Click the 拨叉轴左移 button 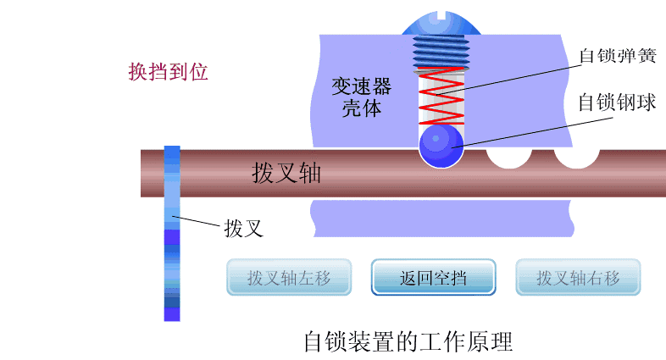point(289,277)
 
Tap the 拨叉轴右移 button point(578,277)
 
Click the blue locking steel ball point(441,146)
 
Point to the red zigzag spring point(441,96)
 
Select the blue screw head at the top point(441,24)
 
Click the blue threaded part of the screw point(441,52)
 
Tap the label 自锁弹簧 point(618,56)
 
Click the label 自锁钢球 point(617,102)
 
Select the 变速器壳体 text point(362,97)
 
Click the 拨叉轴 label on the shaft point(286,173)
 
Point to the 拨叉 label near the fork point(244,229)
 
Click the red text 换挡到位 point(169,72)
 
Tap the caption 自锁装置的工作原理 point(408,341)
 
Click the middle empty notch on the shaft point(509,157)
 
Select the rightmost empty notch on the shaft point(576,157)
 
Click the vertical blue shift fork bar point(172,234)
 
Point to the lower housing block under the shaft point(441,219)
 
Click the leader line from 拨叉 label point(196,221)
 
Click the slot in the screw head point(441,16)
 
